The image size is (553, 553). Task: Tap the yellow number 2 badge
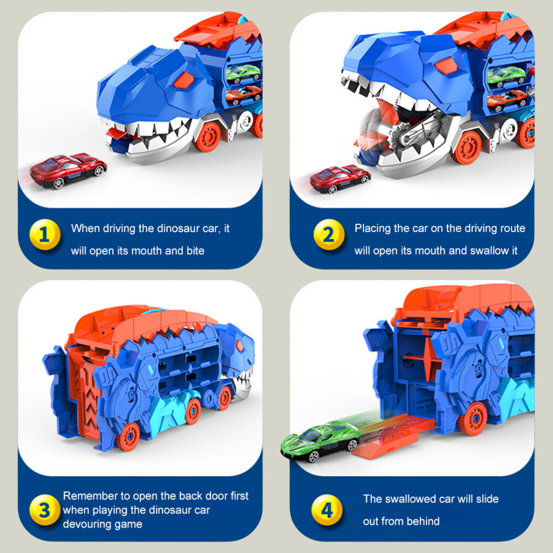coord(328,234)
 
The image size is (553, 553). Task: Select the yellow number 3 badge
coord(45,510)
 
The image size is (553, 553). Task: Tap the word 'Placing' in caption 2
coord(372,228)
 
